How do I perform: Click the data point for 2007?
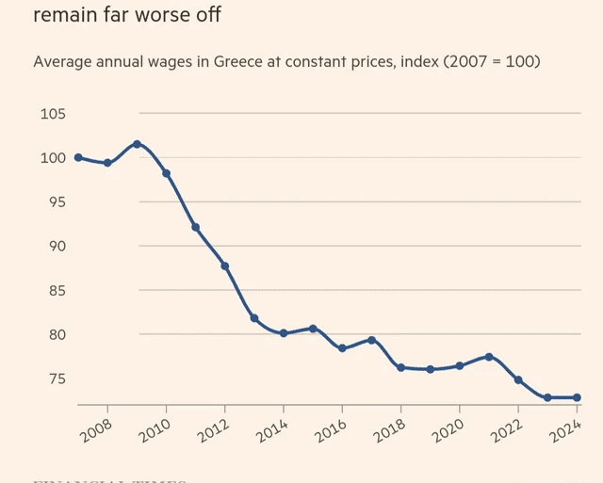point(78,157)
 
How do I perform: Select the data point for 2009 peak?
point(137,144)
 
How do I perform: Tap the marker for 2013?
point(254,318)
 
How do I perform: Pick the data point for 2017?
point(371,340)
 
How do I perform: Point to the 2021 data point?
point(489,357)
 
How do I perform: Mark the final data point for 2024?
point(577,397)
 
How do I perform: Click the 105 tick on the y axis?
point(53,114)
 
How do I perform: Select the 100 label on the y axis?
point(53,158)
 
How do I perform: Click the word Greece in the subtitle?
point(241,61)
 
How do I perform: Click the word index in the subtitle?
point(419,61)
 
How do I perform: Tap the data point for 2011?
point(195,227)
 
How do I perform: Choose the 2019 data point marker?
point(430,369)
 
